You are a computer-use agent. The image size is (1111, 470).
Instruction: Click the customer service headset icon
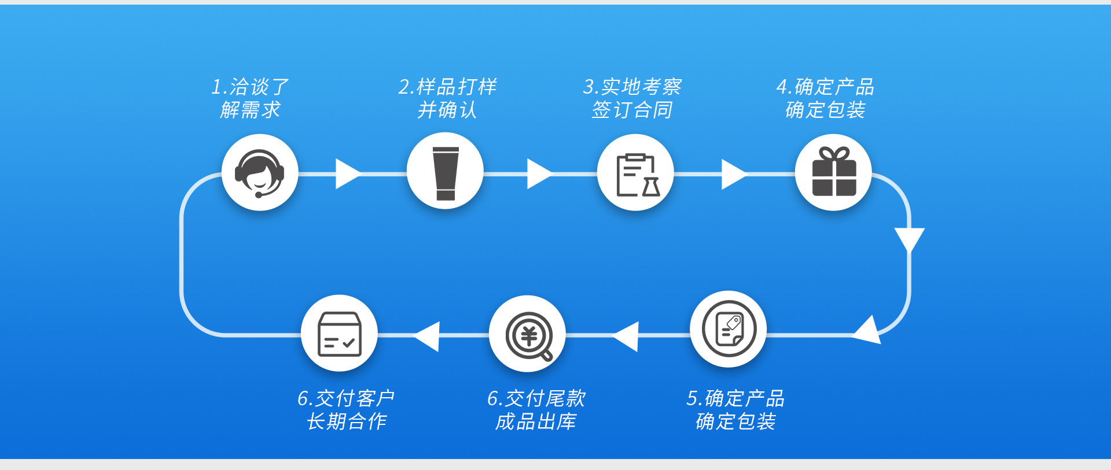pyautogui.click(x=260, y=173)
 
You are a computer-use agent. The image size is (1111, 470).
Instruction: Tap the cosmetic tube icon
pyautogui.click(x=445, y=173)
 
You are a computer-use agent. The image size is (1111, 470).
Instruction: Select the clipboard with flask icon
pyautogui.click(x=635, y=173)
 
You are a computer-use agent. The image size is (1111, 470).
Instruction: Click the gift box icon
pyautogui.click(x=833, y=172)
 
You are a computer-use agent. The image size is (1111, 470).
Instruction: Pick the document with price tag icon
pyautogui.click(x=729, y=329)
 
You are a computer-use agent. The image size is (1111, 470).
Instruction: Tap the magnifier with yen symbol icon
pyautogui.click(x=528, y=335)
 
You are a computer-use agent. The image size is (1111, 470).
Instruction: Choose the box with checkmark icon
pyautogui.click(x=339, y=334)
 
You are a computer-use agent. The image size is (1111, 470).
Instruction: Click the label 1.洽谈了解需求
pyautogui.click(x=250, y=98)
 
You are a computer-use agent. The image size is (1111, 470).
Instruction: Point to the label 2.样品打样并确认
pyautogui.click(x=447, y=98)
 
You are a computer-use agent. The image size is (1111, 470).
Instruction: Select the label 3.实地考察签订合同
pyautogui.click(x=632, y=98)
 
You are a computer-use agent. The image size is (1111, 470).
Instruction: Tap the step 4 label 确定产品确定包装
pyautogui.click(x=825, y=98)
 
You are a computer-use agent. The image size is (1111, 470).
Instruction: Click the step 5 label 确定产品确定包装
pyautogui.click(x=735, y=410)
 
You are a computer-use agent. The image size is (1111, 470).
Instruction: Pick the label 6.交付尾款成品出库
pyautogui.click(x=536, y=410)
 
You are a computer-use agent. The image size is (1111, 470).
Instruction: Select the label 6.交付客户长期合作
pyautogui.click(x=346, y=410)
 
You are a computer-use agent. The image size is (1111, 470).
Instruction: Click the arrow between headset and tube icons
pyautogui.click(x=347, y=173)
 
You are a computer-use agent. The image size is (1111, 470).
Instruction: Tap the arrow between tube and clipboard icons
pyautogui.click(x=539, y=173)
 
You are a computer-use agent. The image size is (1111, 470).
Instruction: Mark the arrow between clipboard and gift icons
pyautogui.click(x=733, y=173)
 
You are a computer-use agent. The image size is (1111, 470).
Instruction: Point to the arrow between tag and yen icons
pyautogui.click(x=627, y=336)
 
